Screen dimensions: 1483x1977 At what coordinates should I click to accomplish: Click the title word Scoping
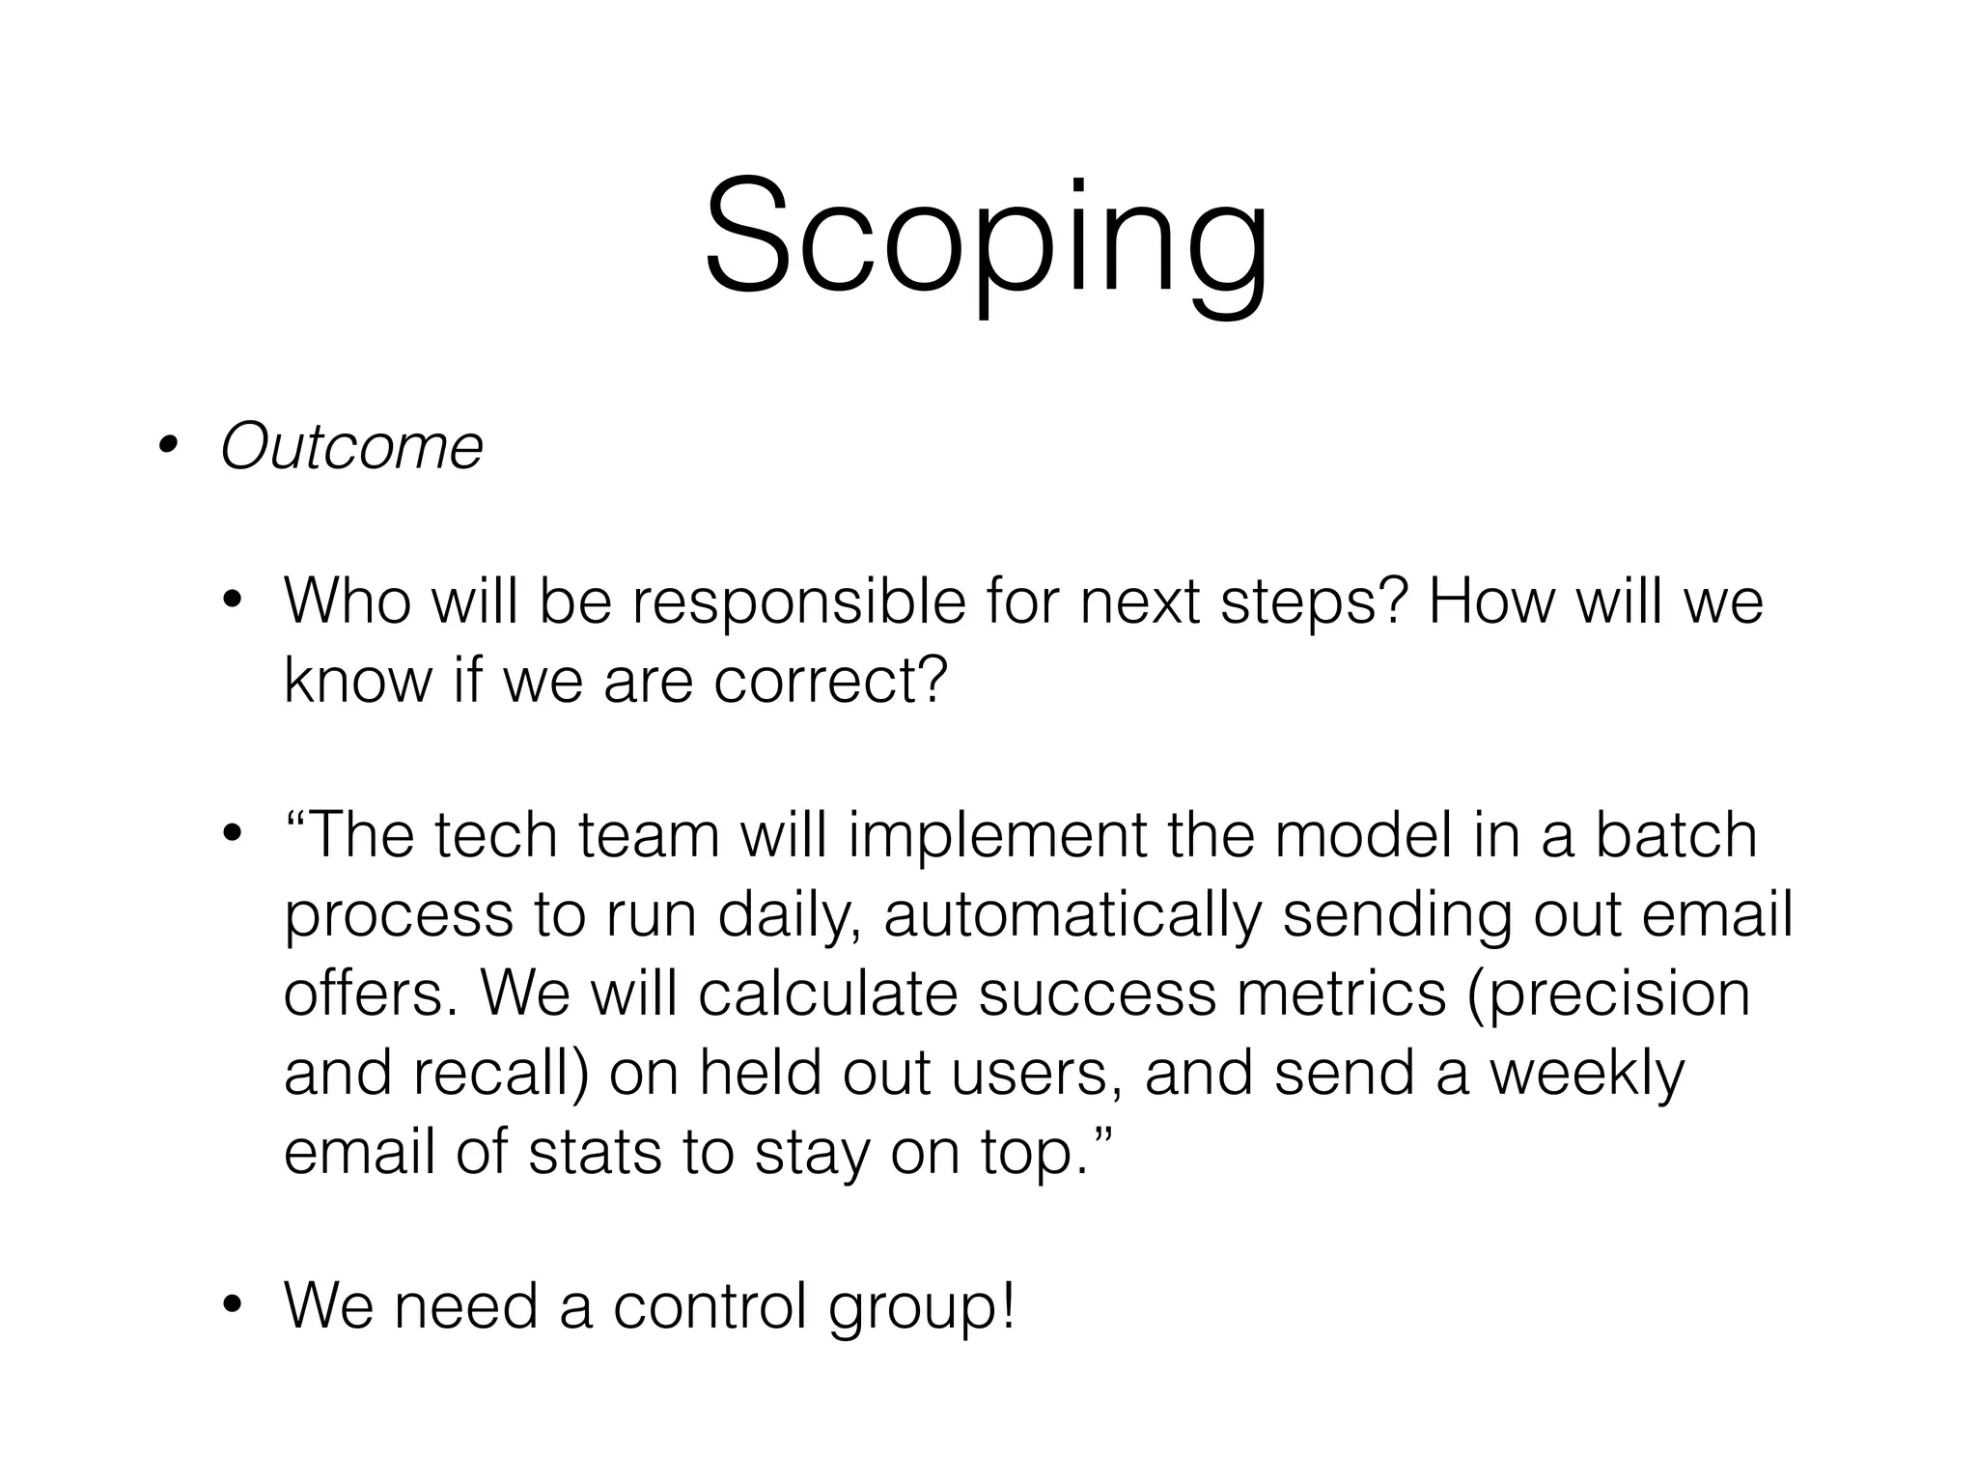[985, 237]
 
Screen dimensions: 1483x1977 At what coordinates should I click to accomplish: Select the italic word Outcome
[351, 447]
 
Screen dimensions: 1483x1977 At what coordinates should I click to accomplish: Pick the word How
[1491, 602]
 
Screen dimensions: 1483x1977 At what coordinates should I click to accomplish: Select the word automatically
[1072, 915]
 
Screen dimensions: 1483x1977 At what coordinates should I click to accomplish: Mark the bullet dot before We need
[231, 1307]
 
